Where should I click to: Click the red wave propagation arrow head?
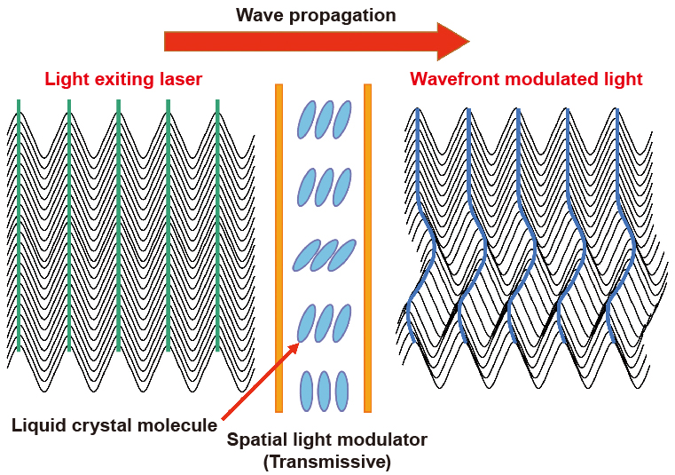click(452, 42)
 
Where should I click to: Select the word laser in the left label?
click(180, 79)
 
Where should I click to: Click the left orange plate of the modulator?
click(279, 248)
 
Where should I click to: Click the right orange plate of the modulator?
click(367, 248)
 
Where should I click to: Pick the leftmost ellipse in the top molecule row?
click(306, 119)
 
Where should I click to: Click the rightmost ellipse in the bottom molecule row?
click(341, 392)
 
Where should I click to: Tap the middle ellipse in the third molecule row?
click(324, 255)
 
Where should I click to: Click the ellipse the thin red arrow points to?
click(306, 323)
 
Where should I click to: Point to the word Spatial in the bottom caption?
click(255, 439)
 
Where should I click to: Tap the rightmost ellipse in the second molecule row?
click(341, 186)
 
